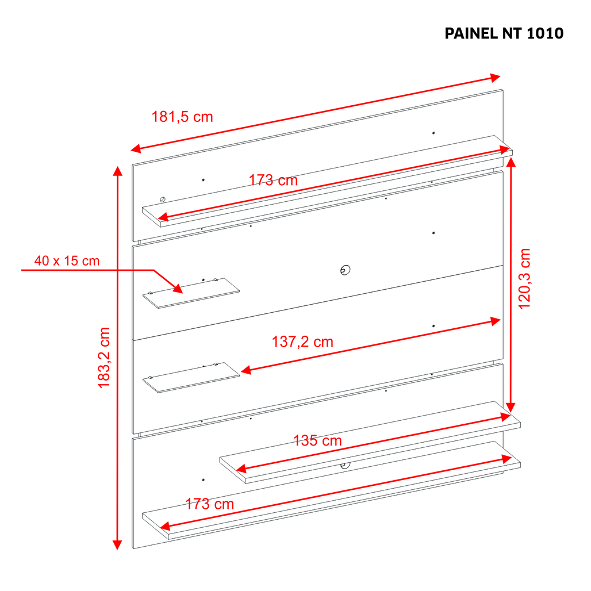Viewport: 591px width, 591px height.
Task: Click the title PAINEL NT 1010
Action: [504, 33]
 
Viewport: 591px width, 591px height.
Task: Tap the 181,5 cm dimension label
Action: [182, 117]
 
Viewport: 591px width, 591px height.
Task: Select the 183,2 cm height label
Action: [103, 358]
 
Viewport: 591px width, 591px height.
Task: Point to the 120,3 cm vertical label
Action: [524, 279]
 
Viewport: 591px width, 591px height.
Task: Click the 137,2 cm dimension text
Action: [302, 342]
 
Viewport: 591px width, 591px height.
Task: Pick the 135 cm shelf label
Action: [317, 440]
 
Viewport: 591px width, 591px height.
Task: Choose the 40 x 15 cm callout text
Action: [67, 261]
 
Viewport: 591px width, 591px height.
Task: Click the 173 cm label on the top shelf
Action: [273, 180]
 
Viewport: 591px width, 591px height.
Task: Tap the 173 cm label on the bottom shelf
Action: [210, 504]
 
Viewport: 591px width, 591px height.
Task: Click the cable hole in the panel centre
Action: [346, 270]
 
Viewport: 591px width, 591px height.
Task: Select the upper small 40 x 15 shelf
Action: [191, 293]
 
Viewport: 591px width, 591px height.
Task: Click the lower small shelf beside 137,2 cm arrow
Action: [191, 378]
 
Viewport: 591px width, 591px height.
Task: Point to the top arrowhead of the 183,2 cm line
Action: [118, 171]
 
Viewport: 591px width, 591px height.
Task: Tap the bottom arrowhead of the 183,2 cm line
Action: [118, 544]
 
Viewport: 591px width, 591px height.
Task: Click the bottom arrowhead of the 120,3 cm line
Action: [511, 408]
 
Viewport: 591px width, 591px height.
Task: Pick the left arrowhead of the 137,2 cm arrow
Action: [245, 370]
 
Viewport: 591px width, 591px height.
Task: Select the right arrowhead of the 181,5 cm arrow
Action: [495, 78]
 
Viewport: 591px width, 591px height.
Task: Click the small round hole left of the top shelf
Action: [163, 199]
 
